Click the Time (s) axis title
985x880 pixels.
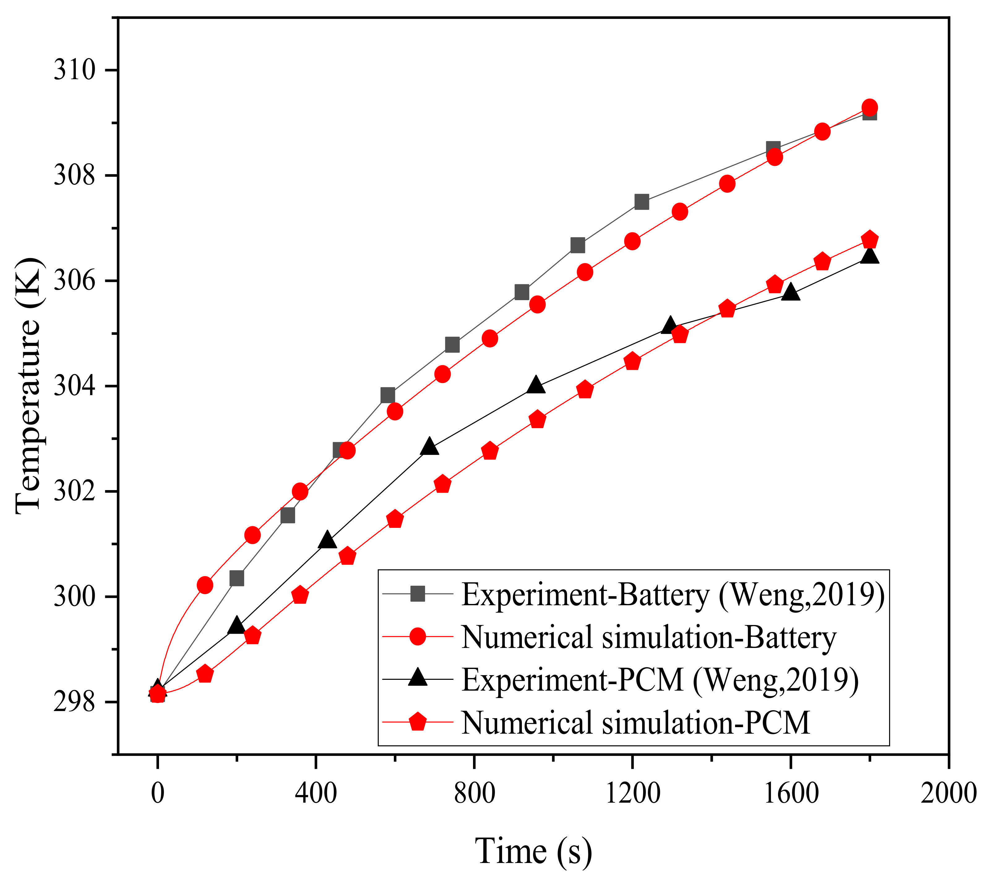533,851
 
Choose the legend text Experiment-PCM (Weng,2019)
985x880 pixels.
660,679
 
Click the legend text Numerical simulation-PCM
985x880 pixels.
635,723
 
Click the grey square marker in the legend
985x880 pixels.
418,594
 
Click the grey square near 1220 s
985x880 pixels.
641,202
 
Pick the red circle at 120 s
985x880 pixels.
205,585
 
